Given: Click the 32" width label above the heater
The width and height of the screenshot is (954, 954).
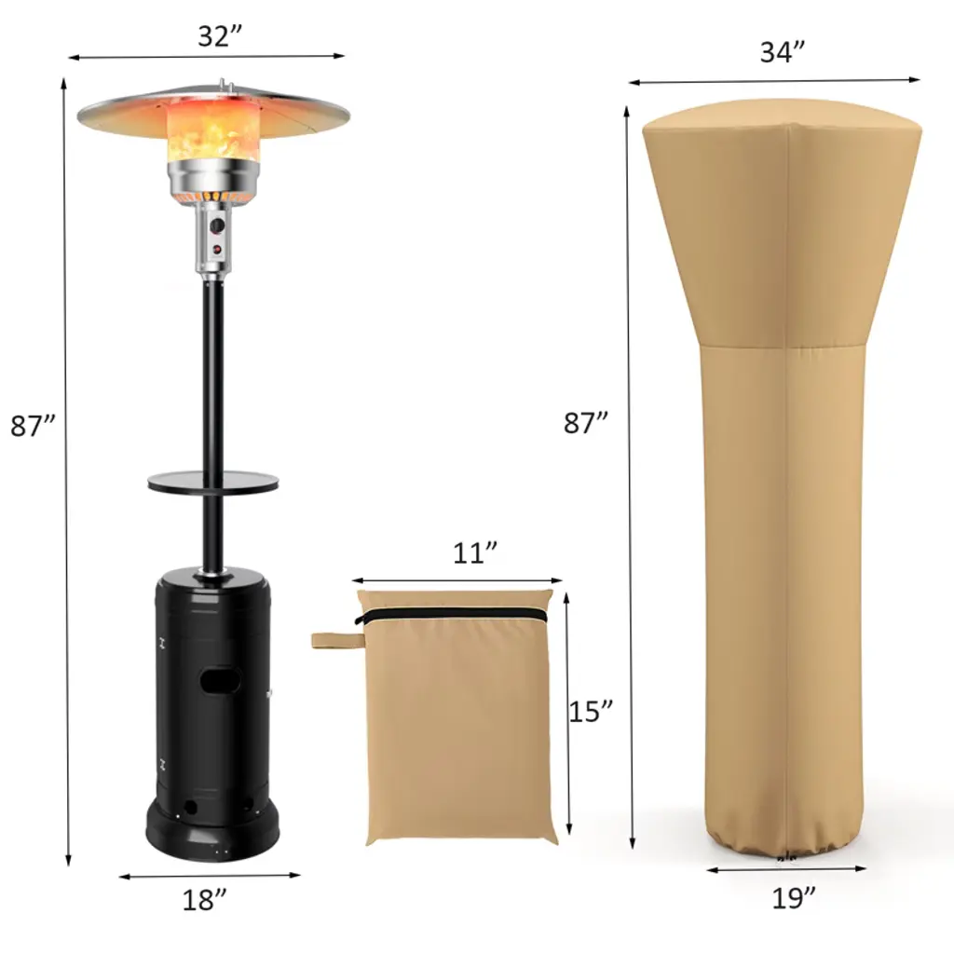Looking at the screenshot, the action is [220, 36].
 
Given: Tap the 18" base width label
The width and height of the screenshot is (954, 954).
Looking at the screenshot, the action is [204, 899].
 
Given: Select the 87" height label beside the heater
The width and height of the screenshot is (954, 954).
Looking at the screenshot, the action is [33, 426].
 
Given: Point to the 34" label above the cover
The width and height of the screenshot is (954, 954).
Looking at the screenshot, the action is [783, 52].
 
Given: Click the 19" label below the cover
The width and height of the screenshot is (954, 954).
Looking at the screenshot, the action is [794, 898].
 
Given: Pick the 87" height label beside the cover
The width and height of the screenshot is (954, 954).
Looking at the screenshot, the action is [586, 423].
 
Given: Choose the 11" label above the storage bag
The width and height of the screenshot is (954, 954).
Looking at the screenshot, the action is [475, 553].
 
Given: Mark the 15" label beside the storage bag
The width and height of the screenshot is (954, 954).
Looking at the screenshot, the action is [591, 711].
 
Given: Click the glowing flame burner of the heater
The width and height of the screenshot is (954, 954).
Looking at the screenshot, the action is [213, 132].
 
